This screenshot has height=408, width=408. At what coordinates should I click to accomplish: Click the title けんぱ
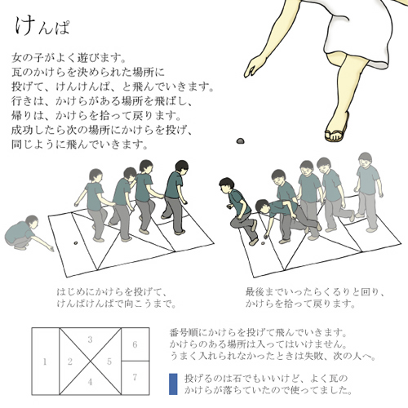[42, 26]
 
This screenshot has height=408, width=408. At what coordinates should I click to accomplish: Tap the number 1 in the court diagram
[45, 361]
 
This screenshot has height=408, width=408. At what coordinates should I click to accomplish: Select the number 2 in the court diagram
[70, 361]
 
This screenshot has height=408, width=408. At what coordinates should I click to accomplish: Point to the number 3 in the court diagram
[90, 339]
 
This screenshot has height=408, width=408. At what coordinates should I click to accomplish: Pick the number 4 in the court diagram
[90, 382]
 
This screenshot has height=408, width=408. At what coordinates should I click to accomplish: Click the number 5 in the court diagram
[109, 361]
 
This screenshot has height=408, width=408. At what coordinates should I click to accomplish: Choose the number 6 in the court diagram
[135, 345]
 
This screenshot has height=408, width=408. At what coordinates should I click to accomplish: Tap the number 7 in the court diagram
[135, 377]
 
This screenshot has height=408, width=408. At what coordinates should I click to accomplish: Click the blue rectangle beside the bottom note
[173, 384]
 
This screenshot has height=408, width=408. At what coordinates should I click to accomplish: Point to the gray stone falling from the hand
[240, 140]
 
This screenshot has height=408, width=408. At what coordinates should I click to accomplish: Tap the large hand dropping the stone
[253, 66]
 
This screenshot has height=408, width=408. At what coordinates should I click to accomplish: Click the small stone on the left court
[76, 242]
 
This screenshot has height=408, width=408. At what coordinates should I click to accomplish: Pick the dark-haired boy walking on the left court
[175, 197]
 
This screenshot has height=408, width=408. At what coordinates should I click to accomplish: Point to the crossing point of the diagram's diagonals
[90, 361]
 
